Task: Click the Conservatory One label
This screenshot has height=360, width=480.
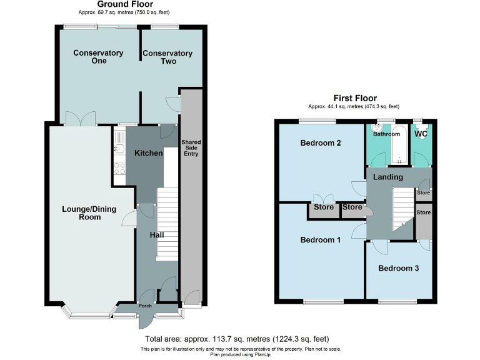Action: pos(98,57)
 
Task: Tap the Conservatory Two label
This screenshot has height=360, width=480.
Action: pos(167,57)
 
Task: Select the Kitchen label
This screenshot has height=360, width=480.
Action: pos(147,153)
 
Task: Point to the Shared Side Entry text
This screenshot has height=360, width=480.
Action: pos(191,148)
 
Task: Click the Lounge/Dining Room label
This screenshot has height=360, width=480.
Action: pos(89,212)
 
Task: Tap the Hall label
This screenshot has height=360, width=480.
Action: pos(156,235)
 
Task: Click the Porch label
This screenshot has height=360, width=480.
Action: pos(146,306)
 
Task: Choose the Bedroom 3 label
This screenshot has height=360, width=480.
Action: pos(398,268)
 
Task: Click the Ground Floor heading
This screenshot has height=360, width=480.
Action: pos(124,4)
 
